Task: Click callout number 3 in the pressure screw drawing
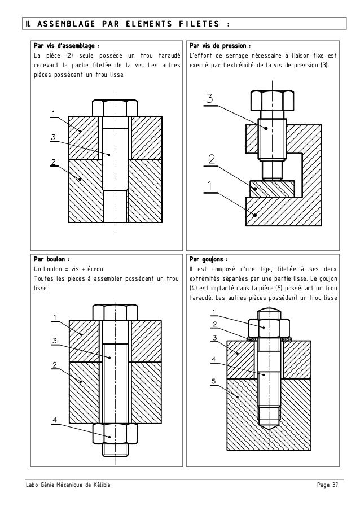tap(209, 99)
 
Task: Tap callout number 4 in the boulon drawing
tap(54, 419)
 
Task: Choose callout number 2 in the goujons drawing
tap(215, 324)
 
